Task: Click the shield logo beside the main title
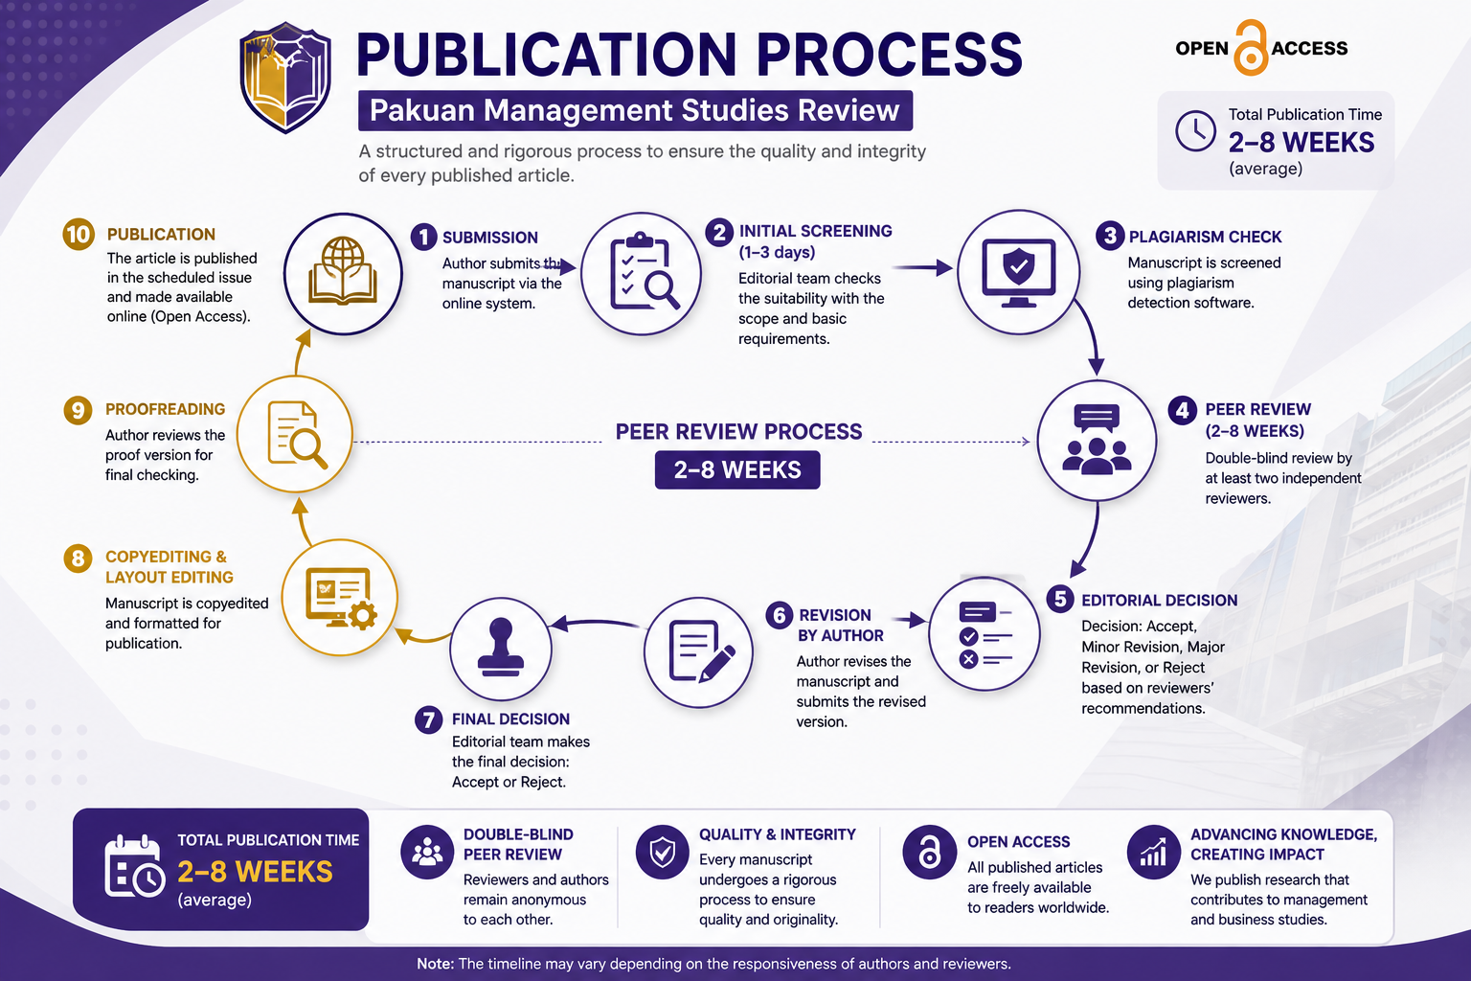point(285,78)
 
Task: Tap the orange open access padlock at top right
point(1251,48)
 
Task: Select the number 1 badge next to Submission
point(423,237)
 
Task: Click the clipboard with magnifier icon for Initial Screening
point(642,273)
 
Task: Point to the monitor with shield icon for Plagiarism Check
point(1019,273)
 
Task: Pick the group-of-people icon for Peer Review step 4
point(1097,439)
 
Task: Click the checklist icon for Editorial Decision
point(984,634)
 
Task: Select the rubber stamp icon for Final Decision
point(501,648)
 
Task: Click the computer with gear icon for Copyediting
point(341,598)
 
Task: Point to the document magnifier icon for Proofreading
point(296,434)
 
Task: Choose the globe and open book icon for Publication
point(343,271)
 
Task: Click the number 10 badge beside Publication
point(79,235)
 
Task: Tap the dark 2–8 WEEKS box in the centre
point(737,469)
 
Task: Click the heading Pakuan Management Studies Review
point(634,110)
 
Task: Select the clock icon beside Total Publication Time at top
point(1195,130)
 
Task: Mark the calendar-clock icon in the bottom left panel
point(134,867)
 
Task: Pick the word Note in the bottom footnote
point(435,964)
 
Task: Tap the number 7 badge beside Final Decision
point(428,720)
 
